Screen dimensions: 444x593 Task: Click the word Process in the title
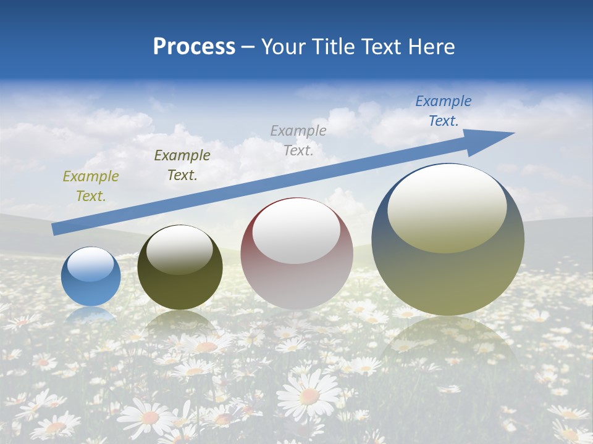click(194, 47)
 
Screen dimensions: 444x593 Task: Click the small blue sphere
click(91, 277)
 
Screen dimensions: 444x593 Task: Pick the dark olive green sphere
click(180, 268)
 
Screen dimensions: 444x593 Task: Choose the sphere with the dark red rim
click(296, 253)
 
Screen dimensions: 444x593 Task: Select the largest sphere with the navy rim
click(448, 240)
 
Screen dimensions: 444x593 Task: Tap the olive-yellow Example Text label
click(90, 186)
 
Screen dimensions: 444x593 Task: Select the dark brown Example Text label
click(182, 165)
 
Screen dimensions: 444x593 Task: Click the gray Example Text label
click(298, 140)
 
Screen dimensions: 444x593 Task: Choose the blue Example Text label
click(444, 111)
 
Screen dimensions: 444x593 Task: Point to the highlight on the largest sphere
click(447, 208)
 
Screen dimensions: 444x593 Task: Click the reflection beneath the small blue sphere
click(91, 316)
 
